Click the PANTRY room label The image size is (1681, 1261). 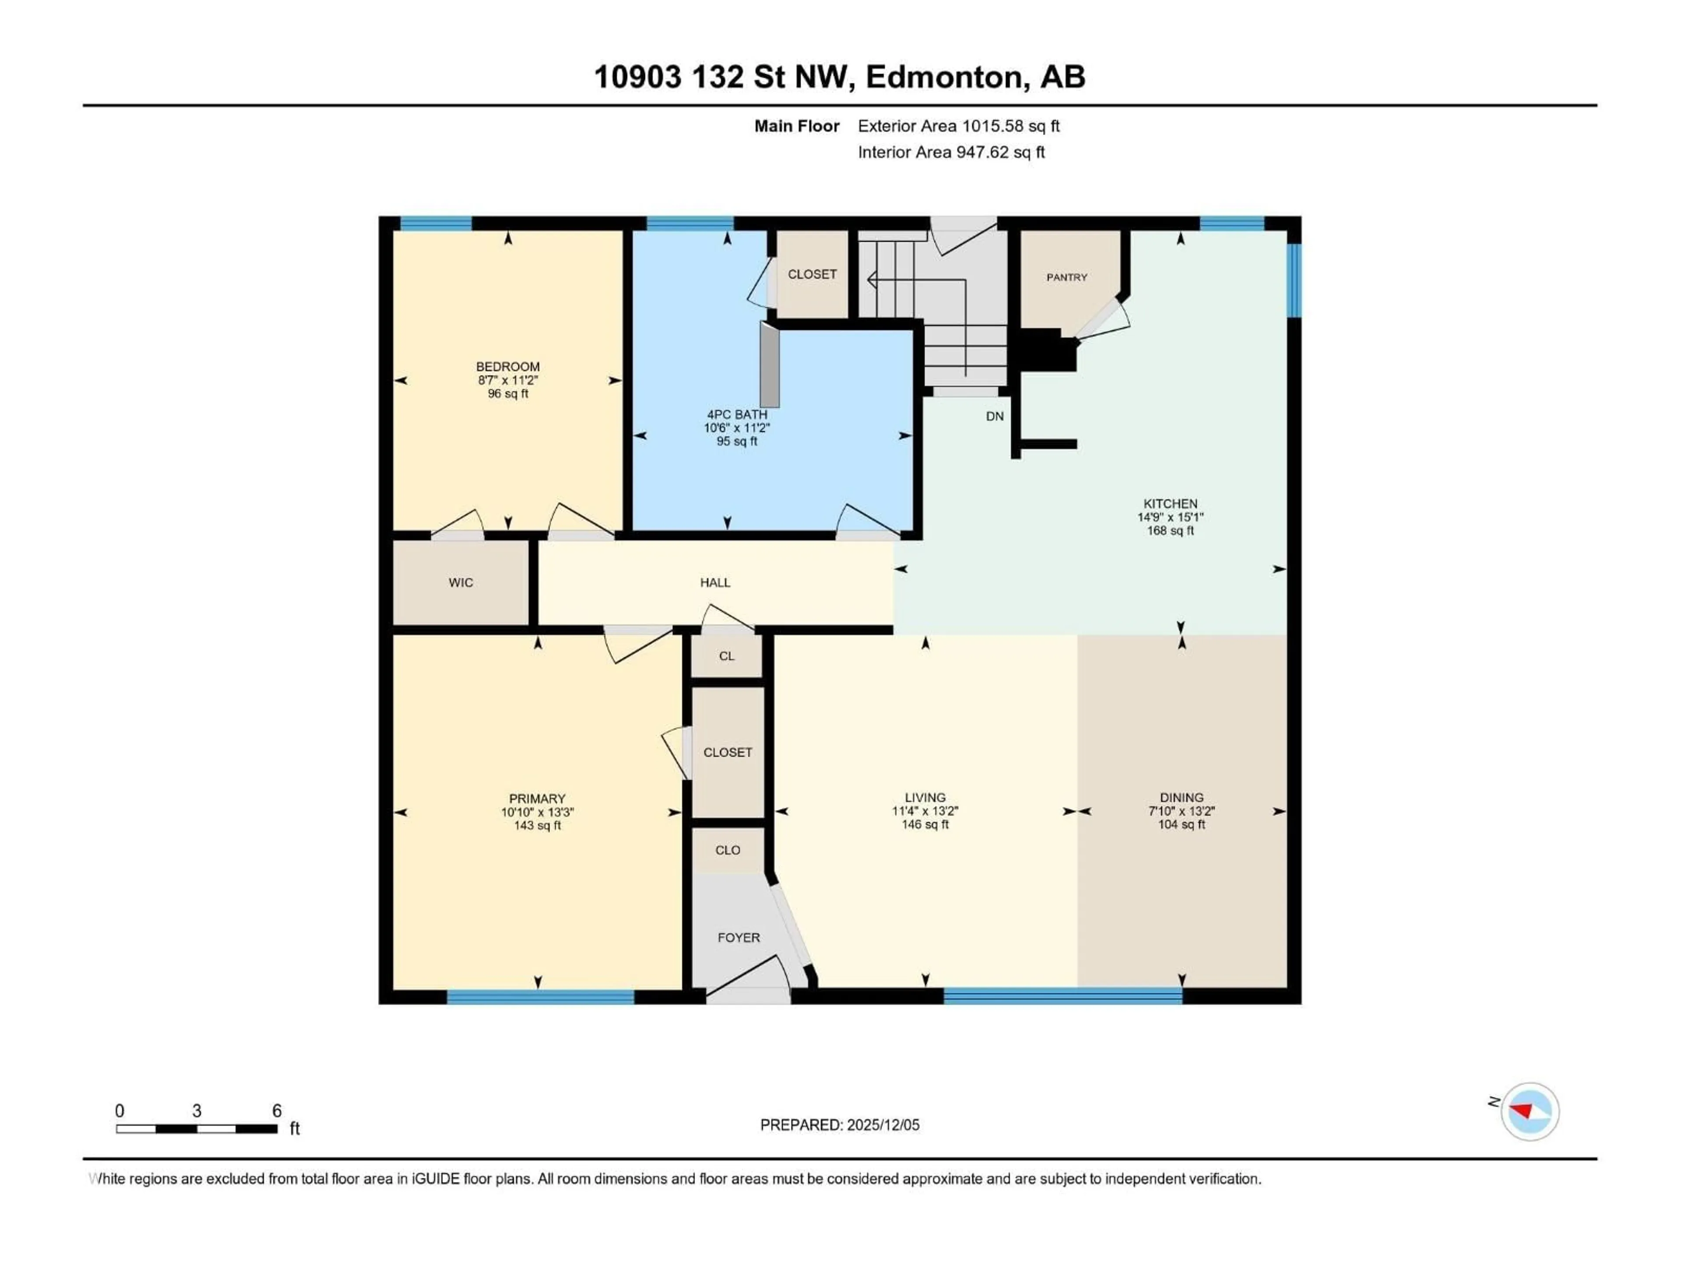[x=1066, y=278]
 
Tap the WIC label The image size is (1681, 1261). [x=461, y=582]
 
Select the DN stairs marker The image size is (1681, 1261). [x=995, y=416]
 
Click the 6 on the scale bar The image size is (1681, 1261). [x=277, y=1110]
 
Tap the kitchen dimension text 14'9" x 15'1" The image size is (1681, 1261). [x=1170, y=517]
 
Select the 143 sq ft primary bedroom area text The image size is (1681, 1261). [x=537, y=825]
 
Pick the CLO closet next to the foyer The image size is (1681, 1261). [x=727, y=850]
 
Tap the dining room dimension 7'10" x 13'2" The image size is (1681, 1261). [x=1182, y=811]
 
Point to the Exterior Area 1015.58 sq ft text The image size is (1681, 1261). [x=958, y=126]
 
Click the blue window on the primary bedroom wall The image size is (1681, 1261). [x=540, y=997]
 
